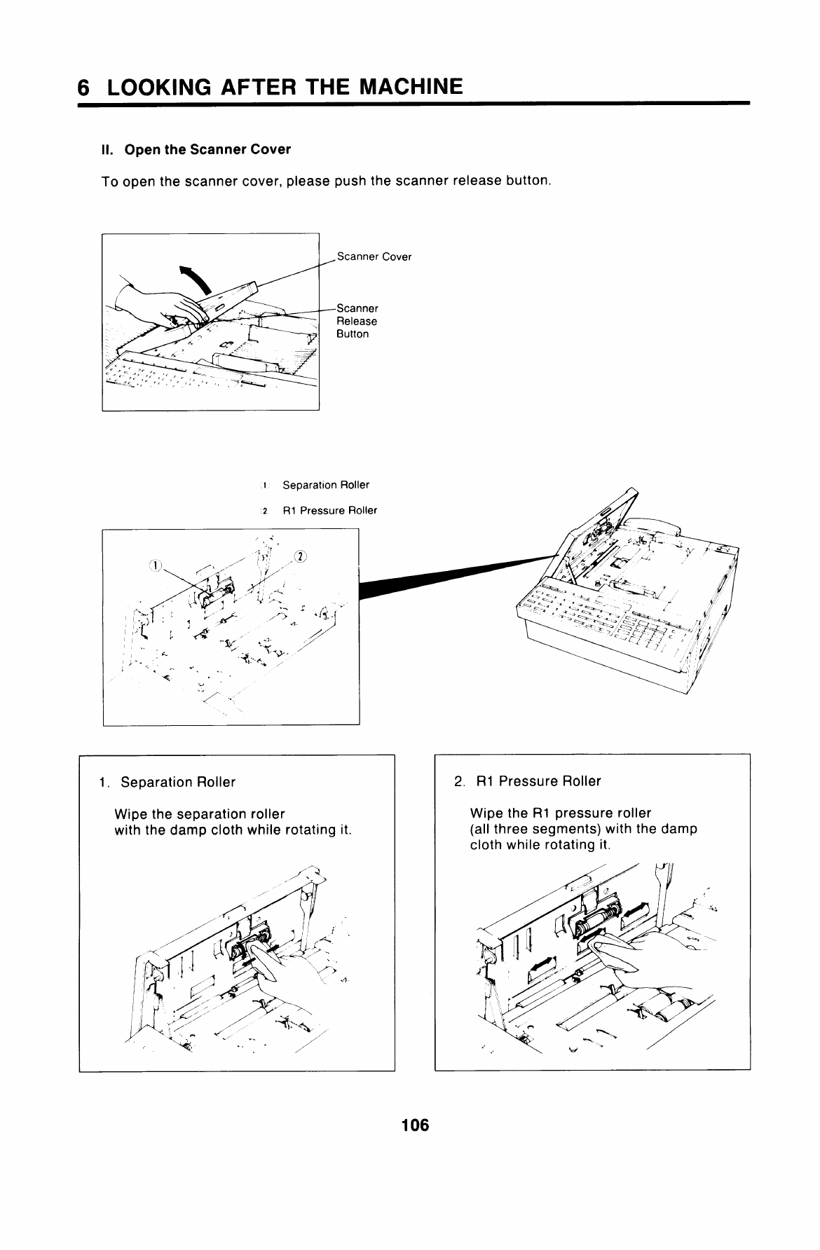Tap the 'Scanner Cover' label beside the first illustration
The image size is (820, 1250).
click(374, 256)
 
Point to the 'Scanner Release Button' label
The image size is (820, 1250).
click(357, 321)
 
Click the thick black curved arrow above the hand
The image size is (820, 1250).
click(198, 280)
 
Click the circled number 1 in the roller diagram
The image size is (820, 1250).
click(155, 565)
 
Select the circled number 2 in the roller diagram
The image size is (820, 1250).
click(299, 557)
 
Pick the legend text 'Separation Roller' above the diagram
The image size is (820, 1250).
click(326, 485)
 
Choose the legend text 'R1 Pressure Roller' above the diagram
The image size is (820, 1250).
click(329, 510)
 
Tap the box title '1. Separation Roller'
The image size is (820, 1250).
click(168, 782)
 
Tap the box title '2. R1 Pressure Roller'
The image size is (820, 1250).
click(527, 781)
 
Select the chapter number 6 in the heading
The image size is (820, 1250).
click(84, 88)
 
